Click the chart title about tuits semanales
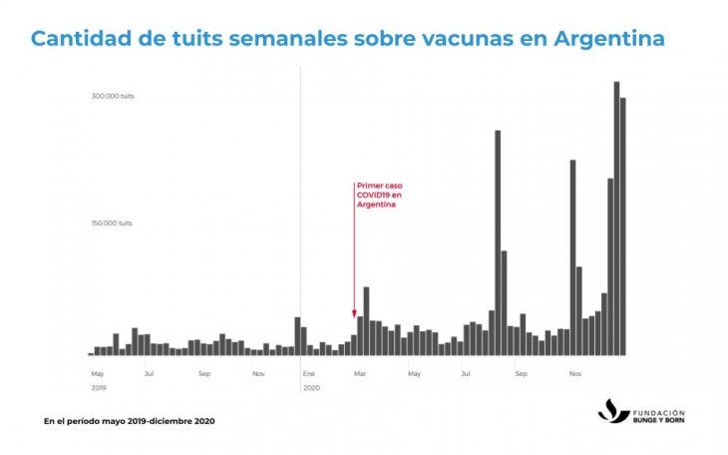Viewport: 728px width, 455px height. pos(348,40)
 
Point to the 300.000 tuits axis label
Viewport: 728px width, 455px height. pos(113,96)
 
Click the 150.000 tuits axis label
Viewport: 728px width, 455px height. pos(113,224)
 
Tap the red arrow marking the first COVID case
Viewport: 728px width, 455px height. pos(354,249)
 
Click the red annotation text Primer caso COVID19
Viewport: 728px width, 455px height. pos(379,196)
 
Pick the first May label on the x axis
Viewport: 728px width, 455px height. pos(97,374)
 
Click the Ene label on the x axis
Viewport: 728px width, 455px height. pos(309,374)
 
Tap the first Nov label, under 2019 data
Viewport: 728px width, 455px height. pos(258,374)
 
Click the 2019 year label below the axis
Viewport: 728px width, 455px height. pos(98,387)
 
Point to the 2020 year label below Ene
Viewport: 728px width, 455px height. pos(311,387)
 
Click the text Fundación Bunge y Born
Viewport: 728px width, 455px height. pos(659,415)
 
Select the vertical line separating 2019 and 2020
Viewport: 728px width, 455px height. pos(300,200)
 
